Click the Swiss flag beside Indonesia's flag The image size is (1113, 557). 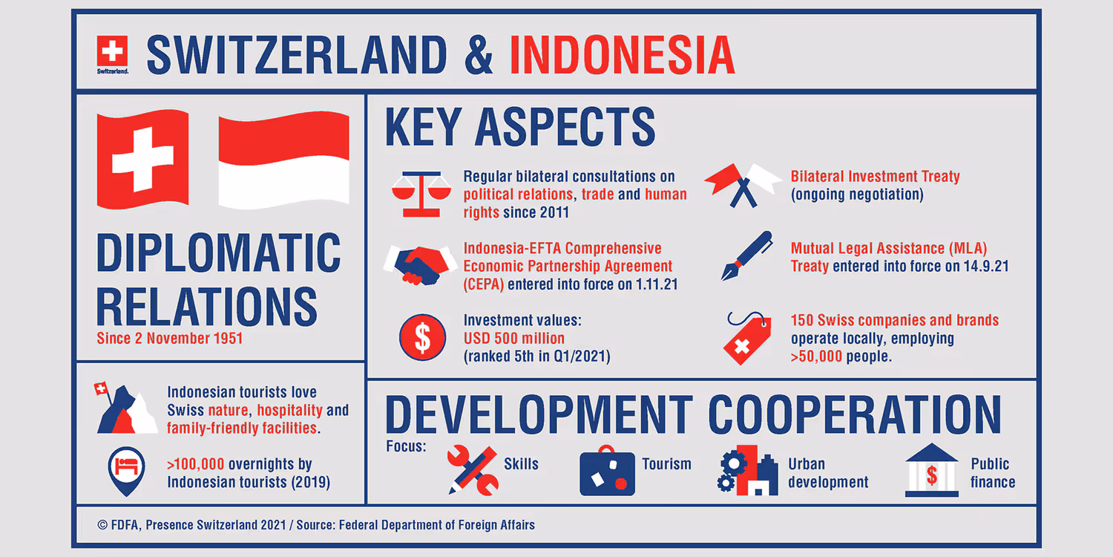[x=142, y=158]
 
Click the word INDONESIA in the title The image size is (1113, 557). [x=622, y=54]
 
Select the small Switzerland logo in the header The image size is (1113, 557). [x=112, y=54]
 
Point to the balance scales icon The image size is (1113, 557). [x=421, y=193]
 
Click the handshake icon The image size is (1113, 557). [x=419, y=264]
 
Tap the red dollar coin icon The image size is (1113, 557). [x=422, y=338]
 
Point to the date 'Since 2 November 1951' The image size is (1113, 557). [x=169, y=339]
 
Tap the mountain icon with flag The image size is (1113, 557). [x=125, y=410]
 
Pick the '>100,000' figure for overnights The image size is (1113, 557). [x=195, y=465]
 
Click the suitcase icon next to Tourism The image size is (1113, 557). [x=607, y=472]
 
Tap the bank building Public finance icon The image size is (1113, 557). [x=931, y=471]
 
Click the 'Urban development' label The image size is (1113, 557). [x=827, y=473]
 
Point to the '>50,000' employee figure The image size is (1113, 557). [x=817, y=356]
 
